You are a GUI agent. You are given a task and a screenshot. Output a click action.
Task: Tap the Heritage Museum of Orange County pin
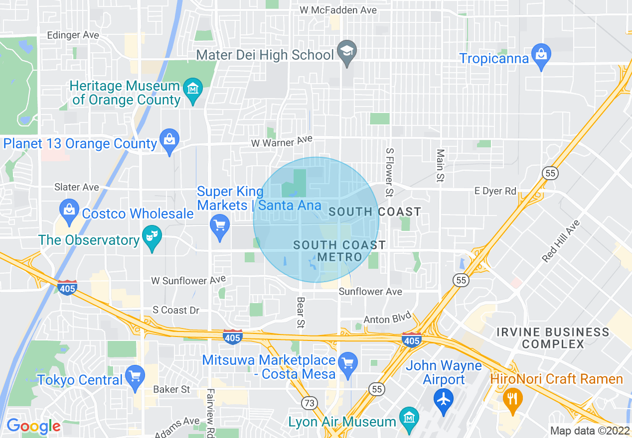pos(193,90)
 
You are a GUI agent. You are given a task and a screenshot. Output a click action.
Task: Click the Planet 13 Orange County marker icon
pos(169,140)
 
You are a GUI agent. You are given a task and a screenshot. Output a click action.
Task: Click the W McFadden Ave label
pos(338,10)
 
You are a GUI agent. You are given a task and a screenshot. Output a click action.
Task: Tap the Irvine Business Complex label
pos(553,338)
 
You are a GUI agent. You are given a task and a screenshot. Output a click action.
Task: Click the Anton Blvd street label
pos(387,318)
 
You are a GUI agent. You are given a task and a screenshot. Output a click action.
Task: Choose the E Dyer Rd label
pos(495,191)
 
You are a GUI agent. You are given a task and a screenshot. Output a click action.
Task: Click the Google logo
pos(33,426)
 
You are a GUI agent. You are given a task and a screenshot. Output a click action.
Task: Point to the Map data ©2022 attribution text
pos(590,431)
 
